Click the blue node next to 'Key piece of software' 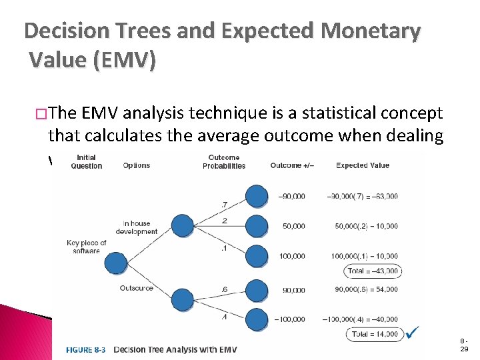117,263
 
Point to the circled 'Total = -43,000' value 373,271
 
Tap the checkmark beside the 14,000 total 412,331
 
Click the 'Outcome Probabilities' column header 223,162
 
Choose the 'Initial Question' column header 86,162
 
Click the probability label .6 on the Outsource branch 225,289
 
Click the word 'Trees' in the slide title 139,31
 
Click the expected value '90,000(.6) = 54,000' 363,289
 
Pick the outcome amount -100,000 290,319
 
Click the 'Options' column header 136,165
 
